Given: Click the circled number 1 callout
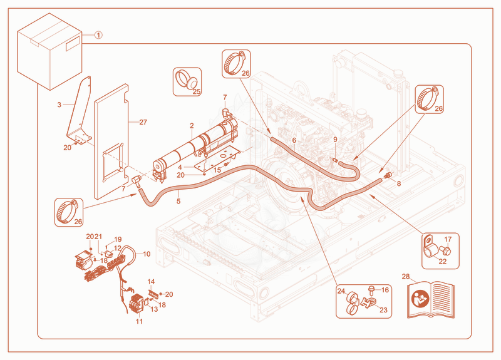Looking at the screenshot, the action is coord(99,35).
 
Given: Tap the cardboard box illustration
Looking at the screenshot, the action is coord(50,51).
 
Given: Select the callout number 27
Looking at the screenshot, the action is coord(143,122).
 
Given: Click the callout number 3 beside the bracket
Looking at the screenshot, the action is coord(59,105).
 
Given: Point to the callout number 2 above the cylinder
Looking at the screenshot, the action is coord(192,126).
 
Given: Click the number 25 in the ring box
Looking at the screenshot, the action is coord(197,91).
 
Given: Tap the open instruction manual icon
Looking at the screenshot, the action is coord(431,299).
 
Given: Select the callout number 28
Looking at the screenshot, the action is coord(406,276).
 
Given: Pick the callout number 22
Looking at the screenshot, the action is coord(443,261).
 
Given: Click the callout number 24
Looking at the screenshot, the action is coord(341,291).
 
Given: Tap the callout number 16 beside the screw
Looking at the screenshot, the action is coord(385,290).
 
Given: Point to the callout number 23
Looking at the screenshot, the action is coord(383,310).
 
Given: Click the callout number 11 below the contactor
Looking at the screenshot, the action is coord(139,321).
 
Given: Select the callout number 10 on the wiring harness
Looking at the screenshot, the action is coord(147,254).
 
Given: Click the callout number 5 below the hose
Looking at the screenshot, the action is coord(178,201).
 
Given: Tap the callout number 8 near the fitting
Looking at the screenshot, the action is coord(399,183).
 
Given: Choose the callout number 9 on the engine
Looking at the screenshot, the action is coord(335,139).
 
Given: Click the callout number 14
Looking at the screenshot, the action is coord(151,281).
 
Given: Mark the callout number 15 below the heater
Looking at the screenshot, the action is coord(217,170).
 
